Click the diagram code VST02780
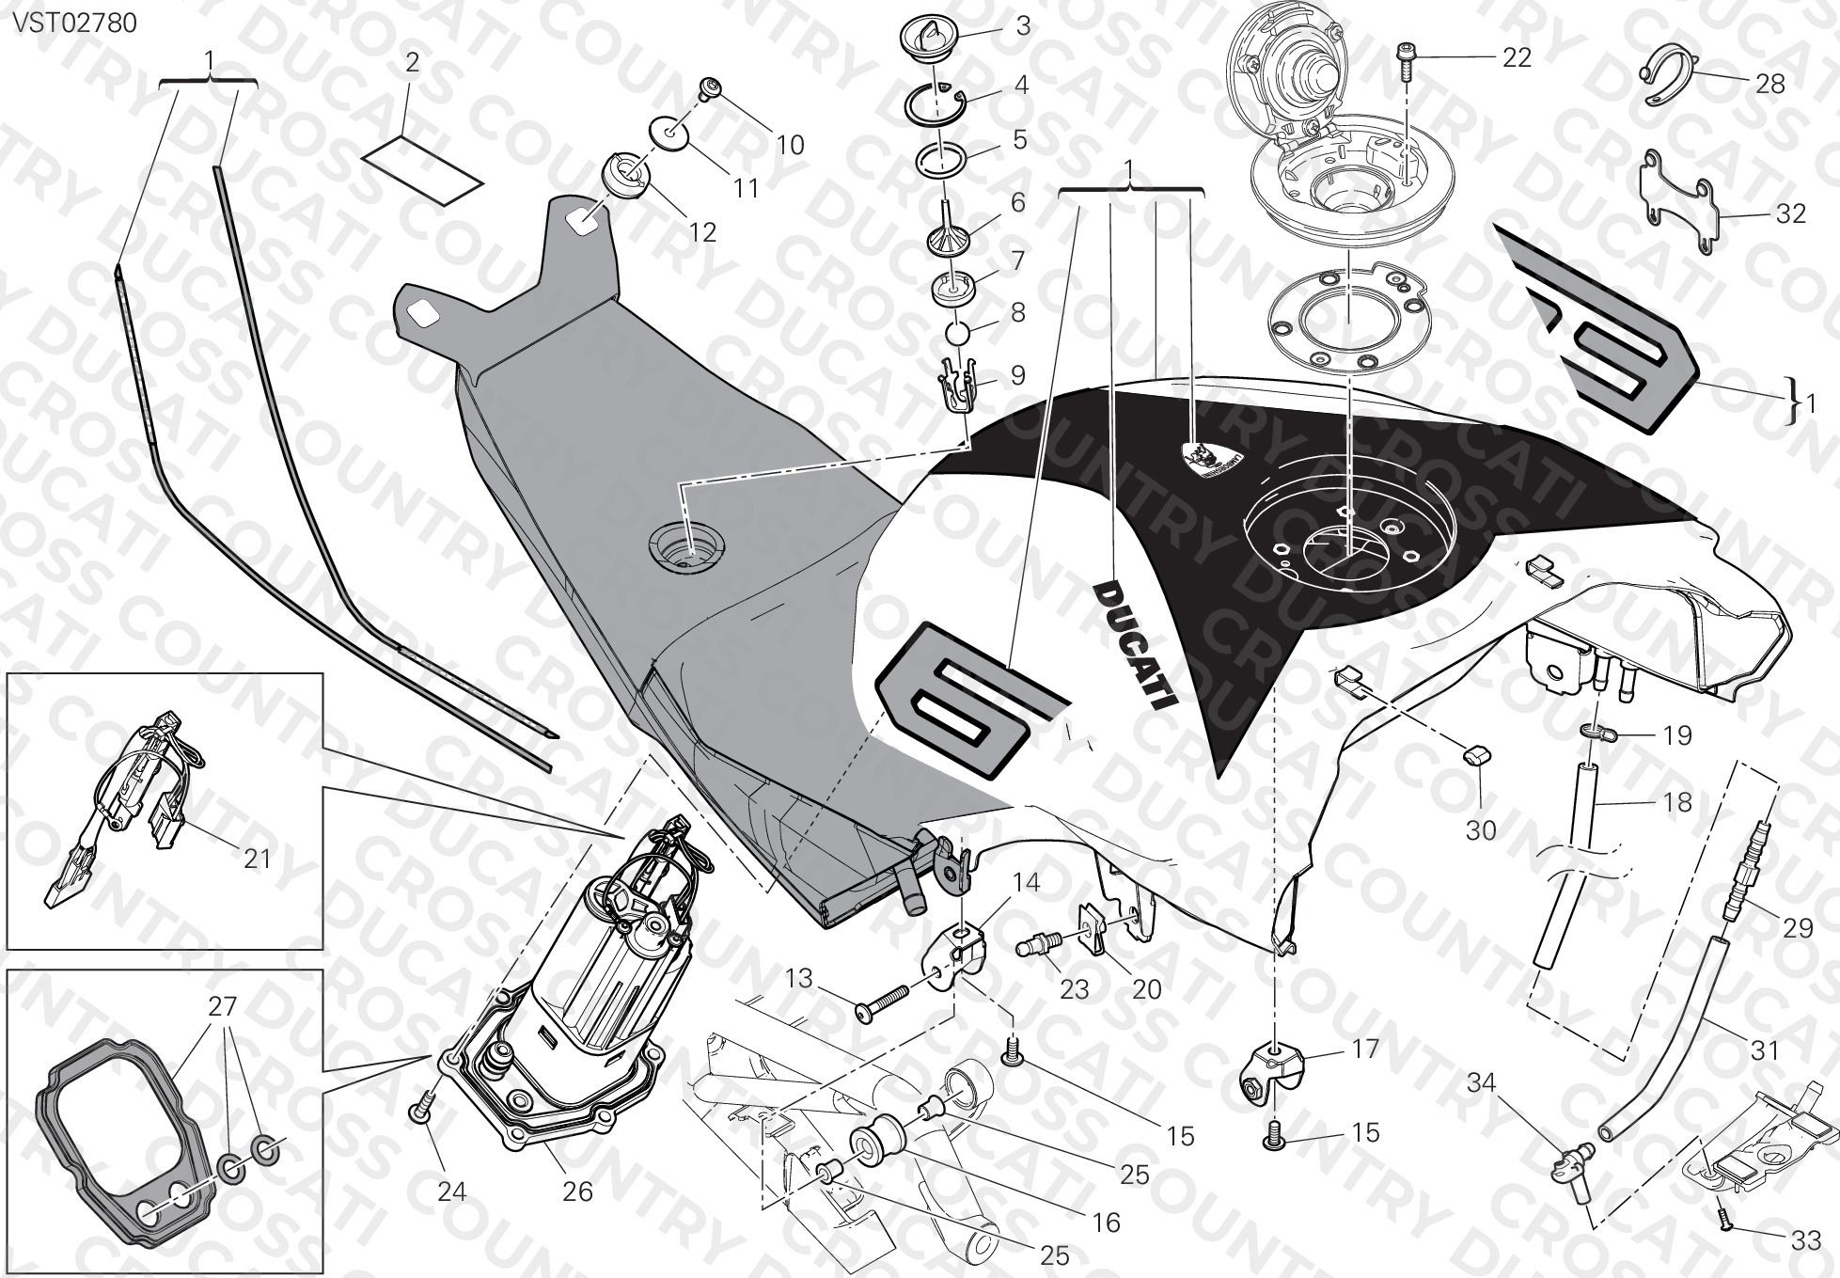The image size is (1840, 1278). point(74,22)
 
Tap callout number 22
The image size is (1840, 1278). point(1517,57)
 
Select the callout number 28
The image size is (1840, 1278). point(1770,84)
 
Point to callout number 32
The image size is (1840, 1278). point(1791,213)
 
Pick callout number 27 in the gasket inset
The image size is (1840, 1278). point(223,1006)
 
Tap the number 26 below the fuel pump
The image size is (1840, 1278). point(577,1191)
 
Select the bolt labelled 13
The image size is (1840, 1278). point(882,1002)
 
